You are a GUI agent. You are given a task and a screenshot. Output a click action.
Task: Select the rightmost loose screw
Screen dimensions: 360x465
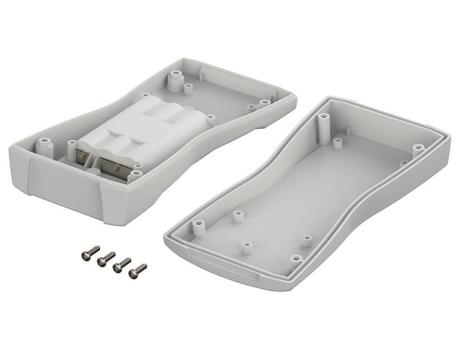click(x=138, y=269)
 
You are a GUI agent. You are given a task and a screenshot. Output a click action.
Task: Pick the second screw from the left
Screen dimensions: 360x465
click(x=106, y=258)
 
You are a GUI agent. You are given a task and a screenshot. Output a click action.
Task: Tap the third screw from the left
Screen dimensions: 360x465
click(x=122, y=264)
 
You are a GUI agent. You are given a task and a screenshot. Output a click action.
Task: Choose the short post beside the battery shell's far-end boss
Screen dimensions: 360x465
click(x=188, y=88)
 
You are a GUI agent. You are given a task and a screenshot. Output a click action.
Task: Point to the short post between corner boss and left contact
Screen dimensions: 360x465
click(x=71, y=144)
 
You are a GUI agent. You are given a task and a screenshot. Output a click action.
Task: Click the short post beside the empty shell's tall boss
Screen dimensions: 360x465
click(x=337, y=142)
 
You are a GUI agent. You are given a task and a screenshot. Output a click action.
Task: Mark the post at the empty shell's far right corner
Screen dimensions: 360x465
click(x=418, y=148)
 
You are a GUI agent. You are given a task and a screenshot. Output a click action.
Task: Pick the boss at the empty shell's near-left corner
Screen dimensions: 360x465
click(x=198, y=225)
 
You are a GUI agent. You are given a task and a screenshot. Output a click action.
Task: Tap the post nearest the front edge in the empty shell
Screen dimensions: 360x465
click(x=296, y=259)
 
